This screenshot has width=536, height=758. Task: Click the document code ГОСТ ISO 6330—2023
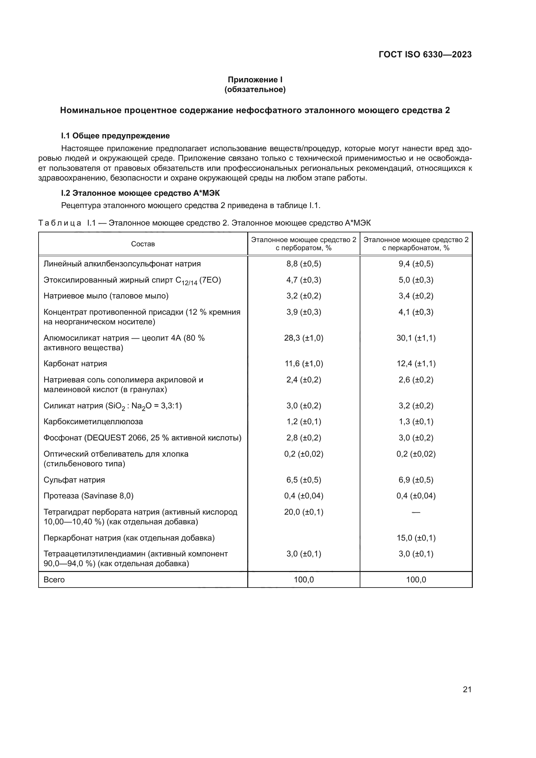pyautogui.click(x=425, y=54)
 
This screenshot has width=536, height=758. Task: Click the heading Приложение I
pyautogui.click(x=255, y=80)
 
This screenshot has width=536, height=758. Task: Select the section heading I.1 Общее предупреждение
pyautogui.click(x=115, y=136)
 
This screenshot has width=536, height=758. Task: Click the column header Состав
pyautogui.click(x=143, y=244)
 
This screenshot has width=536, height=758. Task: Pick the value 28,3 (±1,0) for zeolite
pyautogui.click(x=304, y=338)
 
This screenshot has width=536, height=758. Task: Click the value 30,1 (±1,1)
pyautogui.click(x=416, y=338)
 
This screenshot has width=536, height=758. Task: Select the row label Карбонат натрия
pyautogui.click(x=75, y=364)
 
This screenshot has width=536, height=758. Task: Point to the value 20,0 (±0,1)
pyautogui.click(x=304, y=512)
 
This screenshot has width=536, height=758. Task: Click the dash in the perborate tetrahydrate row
pyautogui.click(x=416, y=512)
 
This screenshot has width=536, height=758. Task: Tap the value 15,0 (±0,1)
pyautogui.click(x=416, y=538)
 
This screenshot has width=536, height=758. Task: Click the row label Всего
pyautogui.click(x=54, y=580)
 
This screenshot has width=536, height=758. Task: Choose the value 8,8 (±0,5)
pyautogui.click(x=304, y=264)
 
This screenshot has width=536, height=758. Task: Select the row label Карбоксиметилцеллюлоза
pyautogui.click(x=93, y=422)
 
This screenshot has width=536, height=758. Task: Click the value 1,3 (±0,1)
pyautogui.click(x=416, y=422)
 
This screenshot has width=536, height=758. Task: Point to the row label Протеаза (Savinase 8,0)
pyautogui.click(x=88, y=496)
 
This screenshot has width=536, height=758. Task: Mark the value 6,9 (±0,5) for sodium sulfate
pyautogui.click(x=416, y=480)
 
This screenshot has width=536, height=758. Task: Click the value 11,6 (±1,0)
pyautogui.click(x=304, y=364)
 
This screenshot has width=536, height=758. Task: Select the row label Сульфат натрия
pyautogui.click(x=74, y=480)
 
